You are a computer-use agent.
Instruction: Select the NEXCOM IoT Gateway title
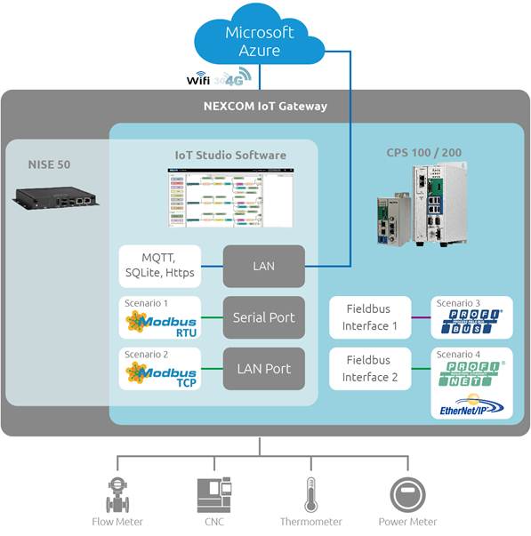(x=264, y=107)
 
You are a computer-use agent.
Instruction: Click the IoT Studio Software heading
(x=230, y=155)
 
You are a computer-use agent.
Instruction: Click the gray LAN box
(x=263, y=266)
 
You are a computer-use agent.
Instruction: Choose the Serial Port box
(x=263, y=317)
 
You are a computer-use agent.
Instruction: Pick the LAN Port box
(x=263, y=368)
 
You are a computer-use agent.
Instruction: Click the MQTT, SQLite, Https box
(x=161, y=266)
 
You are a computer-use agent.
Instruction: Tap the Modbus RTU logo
(x=160, y=323)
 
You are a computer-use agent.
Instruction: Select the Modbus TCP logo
(x=160, y=373)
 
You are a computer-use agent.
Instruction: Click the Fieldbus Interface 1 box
(x=371, y=317)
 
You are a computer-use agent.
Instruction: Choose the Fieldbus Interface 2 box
(x=371, y=369)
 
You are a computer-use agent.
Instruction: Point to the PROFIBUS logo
(x=471, y=323)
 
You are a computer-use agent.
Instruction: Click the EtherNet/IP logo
(x=471, y=407)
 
